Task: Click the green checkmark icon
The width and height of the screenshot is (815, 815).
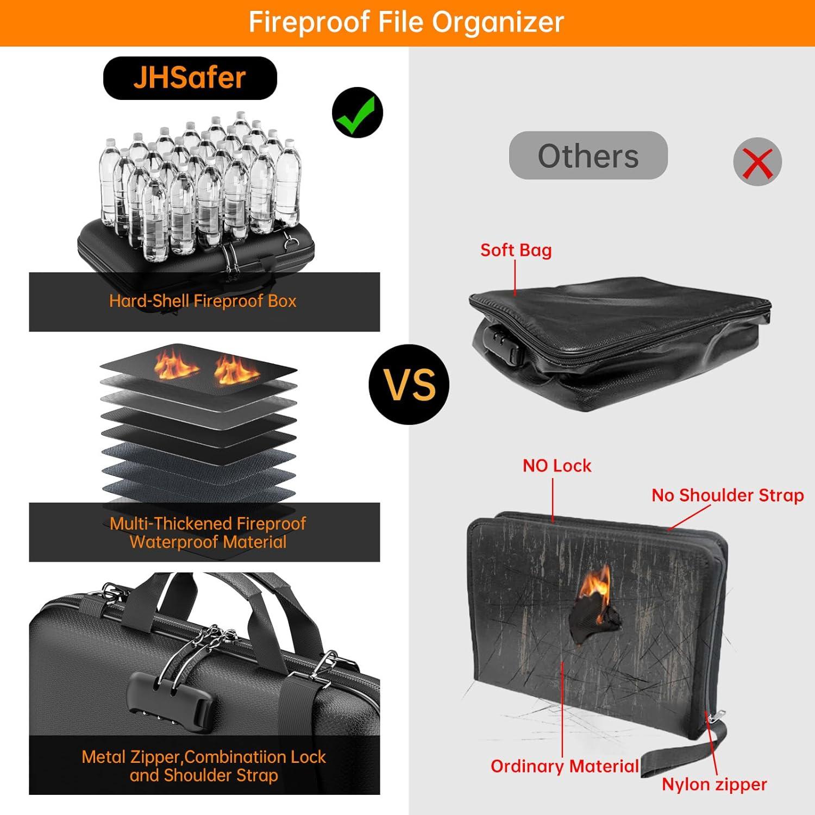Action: point(357,112)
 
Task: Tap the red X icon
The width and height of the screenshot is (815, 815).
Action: point(757,162)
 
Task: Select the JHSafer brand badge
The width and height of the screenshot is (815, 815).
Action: point(190,78)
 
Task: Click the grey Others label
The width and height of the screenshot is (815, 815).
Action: point(588,156)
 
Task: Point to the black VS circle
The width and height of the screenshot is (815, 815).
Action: point(409,384)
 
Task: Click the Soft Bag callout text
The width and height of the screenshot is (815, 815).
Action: point(516,250)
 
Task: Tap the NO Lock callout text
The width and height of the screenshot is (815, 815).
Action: point(557,466)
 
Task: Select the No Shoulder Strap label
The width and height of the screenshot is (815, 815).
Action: point(728,495)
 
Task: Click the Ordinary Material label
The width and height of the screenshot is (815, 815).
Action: point(565,766)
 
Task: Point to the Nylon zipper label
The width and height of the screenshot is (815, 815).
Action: point(714,784)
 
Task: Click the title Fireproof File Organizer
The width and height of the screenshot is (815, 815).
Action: point(406,22)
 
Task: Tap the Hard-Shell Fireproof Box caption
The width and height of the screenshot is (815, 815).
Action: point(203,301)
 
